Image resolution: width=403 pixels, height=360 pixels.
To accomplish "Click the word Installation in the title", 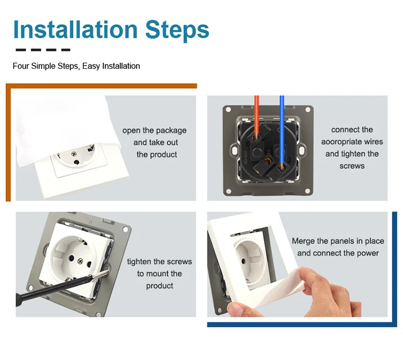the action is coord(75,30).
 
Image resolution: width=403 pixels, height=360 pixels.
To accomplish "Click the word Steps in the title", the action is coord(177,31).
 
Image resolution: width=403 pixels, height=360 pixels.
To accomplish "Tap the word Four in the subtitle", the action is coord(21,66).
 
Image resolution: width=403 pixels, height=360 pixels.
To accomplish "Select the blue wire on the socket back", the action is coord(282,131).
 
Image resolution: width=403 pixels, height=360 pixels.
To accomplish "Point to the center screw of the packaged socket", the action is coord(74,154).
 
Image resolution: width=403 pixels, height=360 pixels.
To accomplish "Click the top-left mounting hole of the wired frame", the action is coord(228,110).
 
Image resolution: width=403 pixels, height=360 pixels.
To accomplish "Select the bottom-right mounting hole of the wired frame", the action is coord(307,191).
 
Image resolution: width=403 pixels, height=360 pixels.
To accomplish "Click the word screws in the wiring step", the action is coord(352,166).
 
